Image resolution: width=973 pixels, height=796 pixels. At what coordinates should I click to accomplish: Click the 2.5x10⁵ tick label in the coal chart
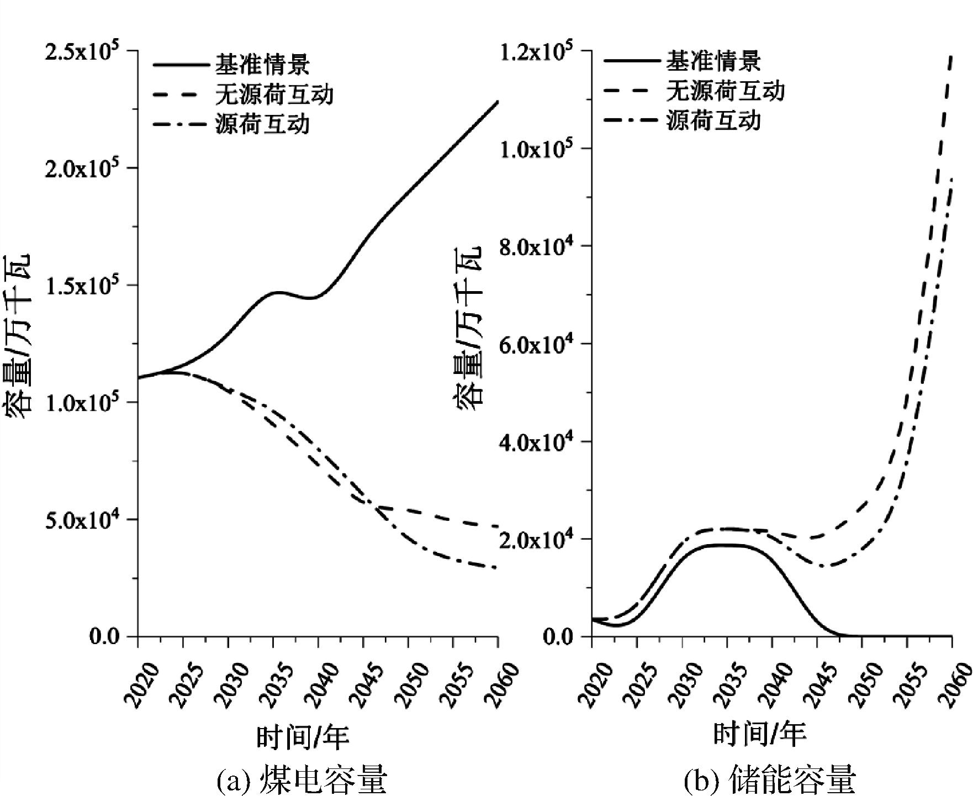click(88, 51)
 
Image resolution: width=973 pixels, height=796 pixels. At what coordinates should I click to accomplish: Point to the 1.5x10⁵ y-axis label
click(88, 286)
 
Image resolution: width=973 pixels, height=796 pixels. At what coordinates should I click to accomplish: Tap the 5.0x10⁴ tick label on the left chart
click(88, 520)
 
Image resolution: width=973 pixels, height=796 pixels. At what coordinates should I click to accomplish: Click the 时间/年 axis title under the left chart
click(303, 737)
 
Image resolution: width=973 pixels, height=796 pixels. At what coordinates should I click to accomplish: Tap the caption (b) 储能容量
click(770, 779)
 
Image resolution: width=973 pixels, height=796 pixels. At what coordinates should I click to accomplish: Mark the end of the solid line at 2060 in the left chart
click(498, 102)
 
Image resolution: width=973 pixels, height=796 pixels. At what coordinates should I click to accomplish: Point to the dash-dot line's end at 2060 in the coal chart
click(497, 567)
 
